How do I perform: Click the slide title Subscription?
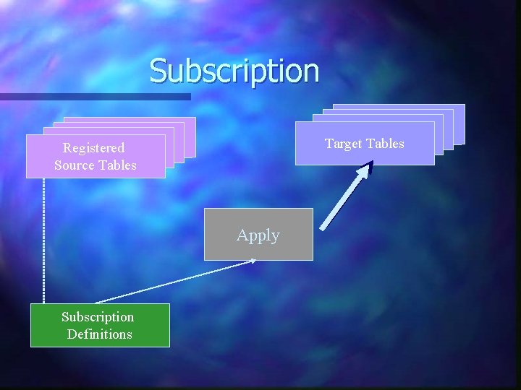234,71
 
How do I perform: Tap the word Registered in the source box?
93,148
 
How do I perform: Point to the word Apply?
258,235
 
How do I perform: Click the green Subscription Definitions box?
100,325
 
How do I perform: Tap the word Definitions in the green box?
100,334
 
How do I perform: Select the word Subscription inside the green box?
98,317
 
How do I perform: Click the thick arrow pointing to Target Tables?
345,198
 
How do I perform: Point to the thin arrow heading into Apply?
174,282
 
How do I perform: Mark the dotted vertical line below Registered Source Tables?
43,238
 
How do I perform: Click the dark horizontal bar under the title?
94,96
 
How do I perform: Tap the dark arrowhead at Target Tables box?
367,170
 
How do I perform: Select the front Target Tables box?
365,155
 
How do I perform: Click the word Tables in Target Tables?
386,144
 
